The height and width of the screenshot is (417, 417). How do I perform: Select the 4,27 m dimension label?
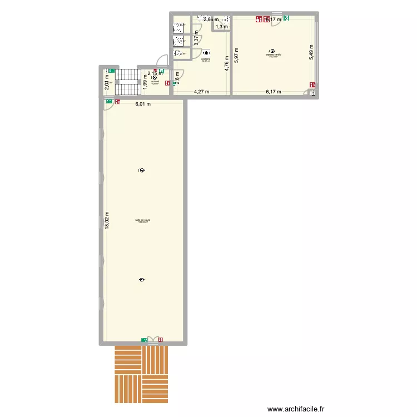(202, 92)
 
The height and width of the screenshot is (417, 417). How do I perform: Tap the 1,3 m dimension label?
(221, 26)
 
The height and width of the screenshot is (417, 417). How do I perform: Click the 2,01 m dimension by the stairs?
(107, 83)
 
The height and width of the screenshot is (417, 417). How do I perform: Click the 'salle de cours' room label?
(142, 220)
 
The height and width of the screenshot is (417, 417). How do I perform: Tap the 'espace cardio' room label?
(273, 54)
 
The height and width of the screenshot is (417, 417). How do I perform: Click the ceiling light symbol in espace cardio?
(272, 49)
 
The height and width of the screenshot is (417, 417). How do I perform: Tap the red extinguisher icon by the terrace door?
(161, 339)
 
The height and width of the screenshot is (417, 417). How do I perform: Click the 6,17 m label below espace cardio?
(273, 92)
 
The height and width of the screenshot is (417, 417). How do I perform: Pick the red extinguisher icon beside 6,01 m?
(117, 102)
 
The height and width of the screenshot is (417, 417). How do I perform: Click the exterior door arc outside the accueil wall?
(163, 60)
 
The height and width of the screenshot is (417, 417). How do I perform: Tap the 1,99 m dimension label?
(145, 85)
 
